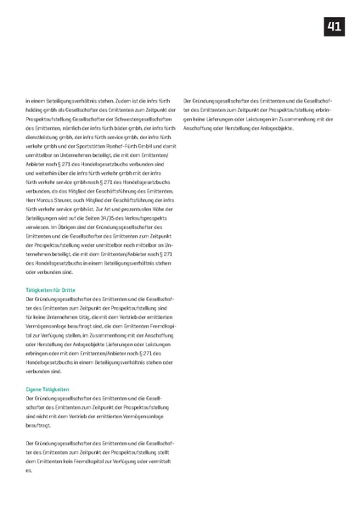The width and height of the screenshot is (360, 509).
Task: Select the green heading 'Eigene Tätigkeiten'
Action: point(46,389)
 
